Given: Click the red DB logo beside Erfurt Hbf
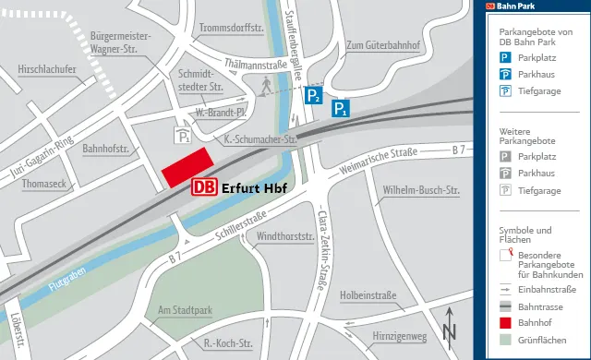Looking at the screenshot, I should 204,186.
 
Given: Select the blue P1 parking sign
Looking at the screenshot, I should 341,109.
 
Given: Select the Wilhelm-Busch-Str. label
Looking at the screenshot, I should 421,191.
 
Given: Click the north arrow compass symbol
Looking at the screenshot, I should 450,328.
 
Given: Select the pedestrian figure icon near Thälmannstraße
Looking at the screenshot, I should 267,85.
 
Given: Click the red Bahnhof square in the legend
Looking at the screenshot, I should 506,323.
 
